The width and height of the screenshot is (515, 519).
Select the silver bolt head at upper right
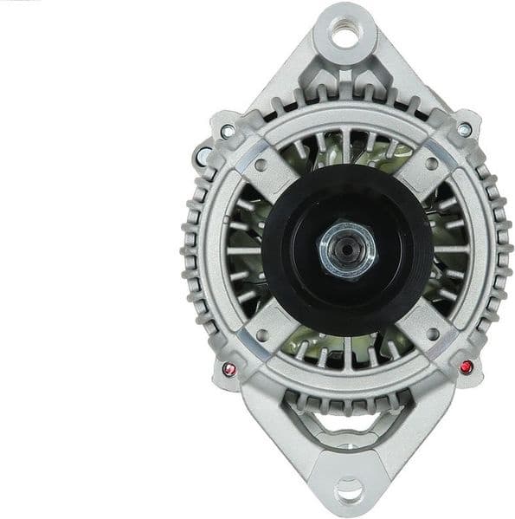[x=465, y=130]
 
